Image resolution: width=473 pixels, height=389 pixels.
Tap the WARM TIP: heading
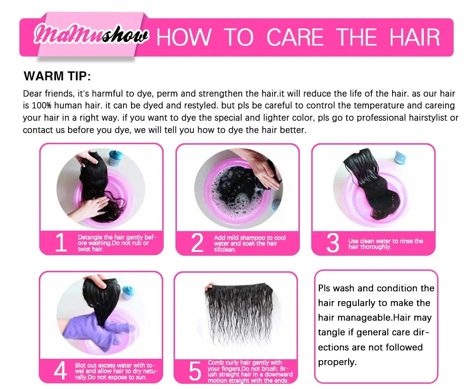pyautogui.click(x=57, y=76)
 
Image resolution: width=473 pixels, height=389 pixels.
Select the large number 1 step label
pyautogui.click(x=61, y=243)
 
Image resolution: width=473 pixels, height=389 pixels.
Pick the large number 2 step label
pyautogui.click(x=197, y=243)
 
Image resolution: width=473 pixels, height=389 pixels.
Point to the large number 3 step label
pyautogui.click(x=333, y=243)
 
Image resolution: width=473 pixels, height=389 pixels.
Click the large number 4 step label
pyautogui.click(x=60, y=371)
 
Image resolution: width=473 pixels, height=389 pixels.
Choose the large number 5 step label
pyautogui.click(x=195, y=371)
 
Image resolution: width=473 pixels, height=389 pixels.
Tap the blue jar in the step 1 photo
pyautogui.click(x=115, y=158)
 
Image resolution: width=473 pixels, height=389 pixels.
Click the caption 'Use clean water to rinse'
pyautogui.click(x=385, y=244)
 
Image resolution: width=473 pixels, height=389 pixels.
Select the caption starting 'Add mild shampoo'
pyautogui.click(x=250, y=243)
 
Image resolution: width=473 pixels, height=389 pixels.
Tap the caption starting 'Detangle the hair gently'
pyautogui.click(x=116, y=243)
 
